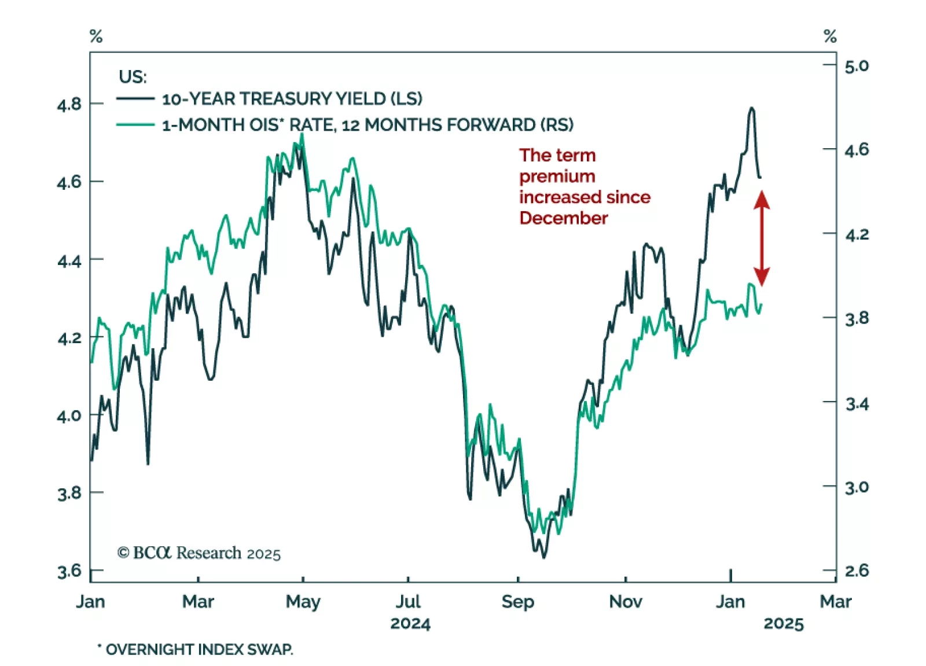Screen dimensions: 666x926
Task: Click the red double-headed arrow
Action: [762, 238]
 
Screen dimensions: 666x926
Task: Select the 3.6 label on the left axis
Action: [69, 571]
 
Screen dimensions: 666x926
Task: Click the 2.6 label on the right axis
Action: [857, 571]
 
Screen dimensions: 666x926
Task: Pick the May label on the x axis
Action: [303, 602]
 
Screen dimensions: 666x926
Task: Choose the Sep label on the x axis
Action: [517, 602]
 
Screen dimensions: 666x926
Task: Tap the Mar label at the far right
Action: [835, 602]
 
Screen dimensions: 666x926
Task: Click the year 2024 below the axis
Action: [410, 624]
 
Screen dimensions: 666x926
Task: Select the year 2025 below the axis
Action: [783, 624]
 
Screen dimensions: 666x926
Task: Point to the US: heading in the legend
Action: [133, 76]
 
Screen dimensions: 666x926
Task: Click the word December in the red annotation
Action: [563, 218]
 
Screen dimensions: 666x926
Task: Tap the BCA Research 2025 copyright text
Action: [199, 553]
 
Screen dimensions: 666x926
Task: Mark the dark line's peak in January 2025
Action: [752, 108]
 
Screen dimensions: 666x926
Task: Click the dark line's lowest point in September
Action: [543, 557]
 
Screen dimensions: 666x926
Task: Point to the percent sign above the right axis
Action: [830, 36]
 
